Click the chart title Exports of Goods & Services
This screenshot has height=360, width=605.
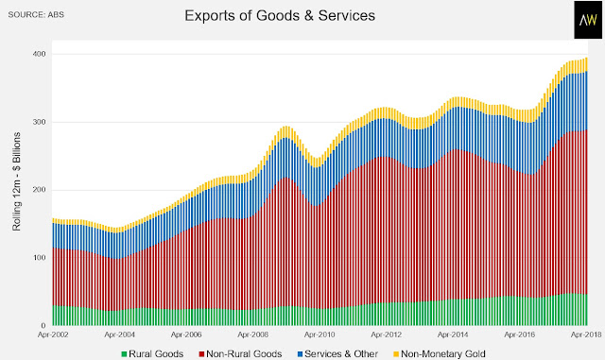coord(280,16)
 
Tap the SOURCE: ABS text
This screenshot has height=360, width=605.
coord(36,15)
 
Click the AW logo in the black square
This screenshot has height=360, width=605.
coord(588,20)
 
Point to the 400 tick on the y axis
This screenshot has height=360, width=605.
coord(39,54)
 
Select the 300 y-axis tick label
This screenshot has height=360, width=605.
coord(39,122)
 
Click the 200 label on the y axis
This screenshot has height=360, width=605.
coord(39,190)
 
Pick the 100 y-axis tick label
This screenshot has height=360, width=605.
coord(39,257)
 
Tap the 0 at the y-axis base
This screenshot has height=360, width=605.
coord(43,325)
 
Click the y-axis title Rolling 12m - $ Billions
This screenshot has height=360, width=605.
coord(17,181)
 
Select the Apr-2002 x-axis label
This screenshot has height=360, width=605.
coord(53,334)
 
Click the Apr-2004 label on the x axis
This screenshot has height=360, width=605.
coord(120,334)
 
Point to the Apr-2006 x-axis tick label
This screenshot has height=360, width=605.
coord(186,334)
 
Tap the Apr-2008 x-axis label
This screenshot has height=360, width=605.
coord(253,334)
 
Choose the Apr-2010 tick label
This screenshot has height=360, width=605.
coord(320,334)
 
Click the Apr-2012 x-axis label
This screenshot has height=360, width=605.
coord(387,334)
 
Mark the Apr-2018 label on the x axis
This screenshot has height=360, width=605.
coord(586,334)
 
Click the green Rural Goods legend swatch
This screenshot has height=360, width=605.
coord(124,354)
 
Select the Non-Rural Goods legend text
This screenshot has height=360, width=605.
coord(244,353)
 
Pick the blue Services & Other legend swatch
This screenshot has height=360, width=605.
coord(301,354)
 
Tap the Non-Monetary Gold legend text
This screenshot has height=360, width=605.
coord(443,353)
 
